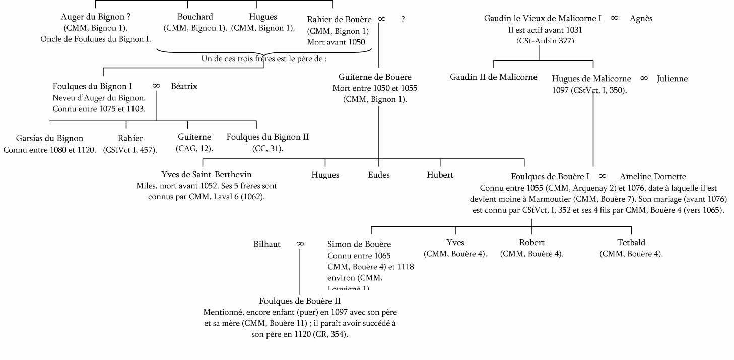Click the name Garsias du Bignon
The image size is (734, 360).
click(x=49, y=138)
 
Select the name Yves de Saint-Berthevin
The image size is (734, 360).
click(x=207, y=175)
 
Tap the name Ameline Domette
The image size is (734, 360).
click(x=653, y=177)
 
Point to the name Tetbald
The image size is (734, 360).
click(x=631, y=243)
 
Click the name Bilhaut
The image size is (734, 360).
click(x=267, y=244)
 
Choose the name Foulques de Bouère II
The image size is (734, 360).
click(x=300, y=301)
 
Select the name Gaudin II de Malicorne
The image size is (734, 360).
click(x=494, y=77)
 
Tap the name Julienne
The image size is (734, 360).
click(x=672, y=79)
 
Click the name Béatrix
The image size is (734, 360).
click(x=184, y=87)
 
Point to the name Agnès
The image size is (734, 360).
click(x=641, y=19)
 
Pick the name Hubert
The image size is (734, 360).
click(x=440, y=175)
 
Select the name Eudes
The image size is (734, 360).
click(x=379, y=175)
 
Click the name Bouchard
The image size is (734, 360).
click(x=195, y=17)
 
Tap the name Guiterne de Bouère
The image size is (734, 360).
click(x=375, y=77)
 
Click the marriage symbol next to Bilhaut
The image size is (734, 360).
click(x=300, y=244)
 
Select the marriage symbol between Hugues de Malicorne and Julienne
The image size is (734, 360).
click(x=644, y=79)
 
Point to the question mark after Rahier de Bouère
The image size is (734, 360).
click(x=403, y=20)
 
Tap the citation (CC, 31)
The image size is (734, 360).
click(x=268, y=149)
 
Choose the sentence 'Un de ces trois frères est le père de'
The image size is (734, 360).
click(x=264, y=59)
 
